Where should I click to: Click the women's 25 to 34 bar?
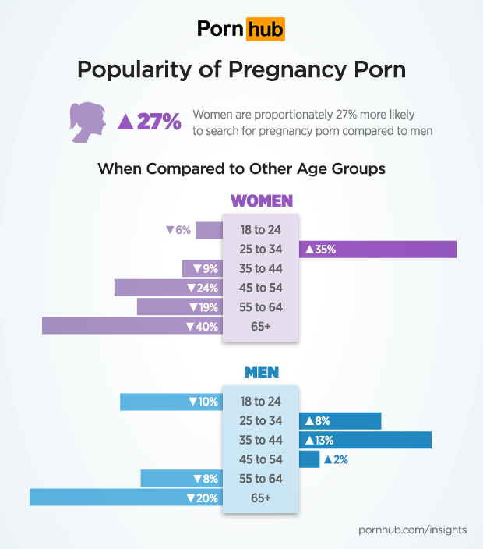pyautogui.click(x=378, y=250)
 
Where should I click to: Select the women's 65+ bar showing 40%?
pyautogui.click(x=132, y=326)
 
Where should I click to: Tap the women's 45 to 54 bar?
pyautogui.click(x=168, y=288)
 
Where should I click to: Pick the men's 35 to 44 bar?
pyautogui.click(x=365, y=440)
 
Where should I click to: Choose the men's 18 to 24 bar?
pyautogui.click(x=171, y=402)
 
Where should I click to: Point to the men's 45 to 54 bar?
pyautogui.click(x=309, y=459)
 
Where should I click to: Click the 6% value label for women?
pyautogui.click(x=178, y=230)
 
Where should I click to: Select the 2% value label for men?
pyautogui.click(x=336, y=459)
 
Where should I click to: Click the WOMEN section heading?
pyautogui.click(x=262, y=201)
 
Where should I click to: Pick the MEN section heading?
pyautogui.click(x=262, y=373)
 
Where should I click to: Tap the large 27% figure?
pyautogui.click(x=150, y=121)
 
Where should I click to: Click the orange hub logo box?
pyautogui.click(x=266, y=29)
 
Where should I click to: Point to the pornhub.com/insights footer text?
pyautogui.click(x=413, y=530)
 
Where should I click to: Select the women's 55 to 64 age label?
pyautogui.click(x=261, y=306)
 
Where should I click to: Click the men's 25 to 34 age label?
pyautogui.click(x=261, y=421)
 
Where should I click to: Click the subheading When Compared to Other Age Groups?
pyautogui.click(x=241, y=168)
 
